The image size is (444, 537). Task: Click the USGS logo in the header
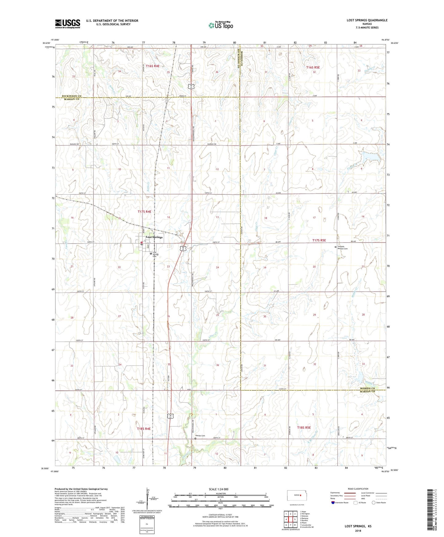(68, 23)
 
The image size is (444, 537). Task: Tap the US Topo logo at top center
(221, 25)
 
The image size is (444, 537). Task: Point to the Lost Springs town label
(154, 237)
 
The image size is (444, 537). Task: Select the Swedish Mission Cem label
(343, 248)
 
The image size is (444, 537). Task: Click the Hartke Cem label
(200, 436)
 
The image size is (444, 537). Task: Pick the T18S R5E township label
(304, 428)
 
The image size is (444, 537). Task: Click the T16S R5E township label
(313, 67)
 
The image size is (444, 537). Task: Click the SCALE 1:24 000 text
(218, 489)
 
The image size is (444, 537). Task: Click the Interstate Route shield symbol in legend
(334, 503)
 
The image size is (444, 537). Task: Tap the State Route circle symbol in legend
(374, 503)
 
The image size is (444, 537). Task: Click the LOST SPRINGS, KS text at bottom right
(358, 526)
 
